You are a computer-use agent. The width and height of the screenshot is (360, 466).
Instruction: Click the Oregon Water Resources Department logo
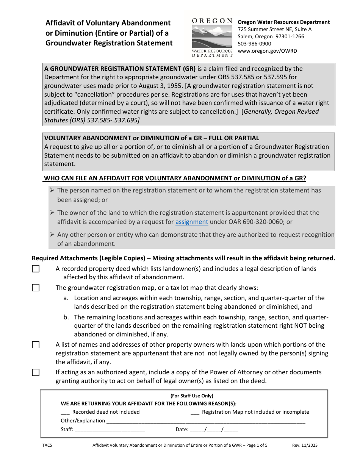click(212, 37)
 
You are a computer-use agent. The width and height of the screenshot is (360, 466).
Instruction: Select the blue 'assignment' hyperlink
click(192, 222)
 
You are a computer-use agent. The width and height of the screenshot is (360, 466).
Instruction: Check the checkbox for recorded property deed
click(36, 269)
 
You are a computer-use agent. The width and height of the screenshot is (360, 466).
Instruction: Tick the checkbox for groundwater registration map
click(36, 288)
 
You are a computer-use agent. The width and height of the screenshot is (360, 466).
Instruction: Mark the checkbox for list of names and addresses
click(36, 345)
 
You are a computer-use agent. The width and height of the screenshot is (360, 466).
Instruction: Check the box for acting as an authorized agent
click(36, 372)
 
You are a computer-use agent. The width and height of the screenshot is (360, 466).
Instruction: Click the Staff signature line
click(110, 430)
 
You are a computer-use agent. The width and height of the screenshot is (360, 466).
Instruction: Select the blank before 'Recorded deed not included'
click(65, 412)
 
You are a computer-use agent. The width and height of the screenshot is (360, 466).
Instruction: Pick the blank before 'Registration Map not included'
click(195, 412)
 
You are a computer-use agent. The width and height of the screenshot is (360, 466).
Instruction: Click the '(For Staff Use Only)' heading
click(192, 396)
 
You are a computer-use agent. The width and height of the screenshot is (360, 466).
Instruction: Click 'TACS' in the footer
click(47, 445)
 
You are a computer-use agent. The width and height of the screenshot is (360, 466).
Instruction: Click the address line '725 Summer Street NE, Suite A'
click(274, 29)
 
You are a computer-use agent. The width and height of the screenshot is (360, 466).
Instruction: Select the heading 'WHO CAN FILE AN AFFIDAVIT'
click(175, 178)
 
